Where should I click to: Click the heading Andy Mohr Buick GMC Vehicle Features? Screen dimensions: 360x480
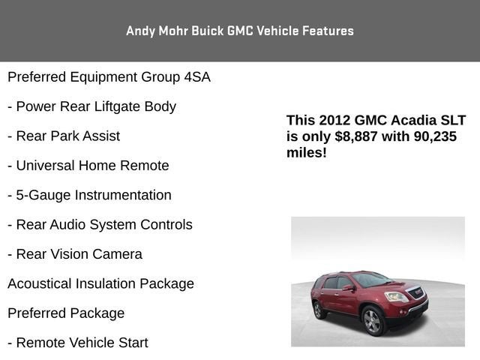240,31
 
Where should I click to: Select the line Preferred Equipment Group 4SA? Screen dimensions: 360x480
109,77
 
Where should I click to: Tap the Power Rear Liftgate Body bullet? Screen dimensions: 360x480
91,106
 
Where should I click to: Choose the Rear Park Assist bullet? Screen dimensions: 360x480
64,136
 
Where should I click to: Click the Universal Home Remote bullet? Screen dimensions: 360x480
88,166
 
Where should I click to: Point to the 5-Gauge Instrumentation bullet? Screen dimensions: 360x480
89,195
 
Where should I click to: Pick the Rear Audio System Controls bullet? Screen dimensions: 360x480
100,225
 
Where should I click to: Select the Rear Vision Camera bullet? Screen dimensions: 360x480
74,254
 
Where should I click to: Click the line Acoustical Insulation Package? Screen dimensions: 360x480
100,283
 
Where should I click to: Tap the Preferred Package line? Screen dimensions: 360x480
66,313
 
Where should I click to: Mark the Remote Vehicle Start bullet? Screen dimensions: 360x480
77,343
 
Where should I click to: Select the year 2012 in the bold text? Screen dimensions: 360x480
333,121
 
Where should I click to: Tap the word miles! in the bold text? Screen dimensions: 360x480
306,152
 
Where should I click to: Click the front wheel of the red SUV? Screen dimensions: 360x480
373,320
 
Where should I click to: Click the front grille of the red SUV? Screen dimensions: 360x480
415,294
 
